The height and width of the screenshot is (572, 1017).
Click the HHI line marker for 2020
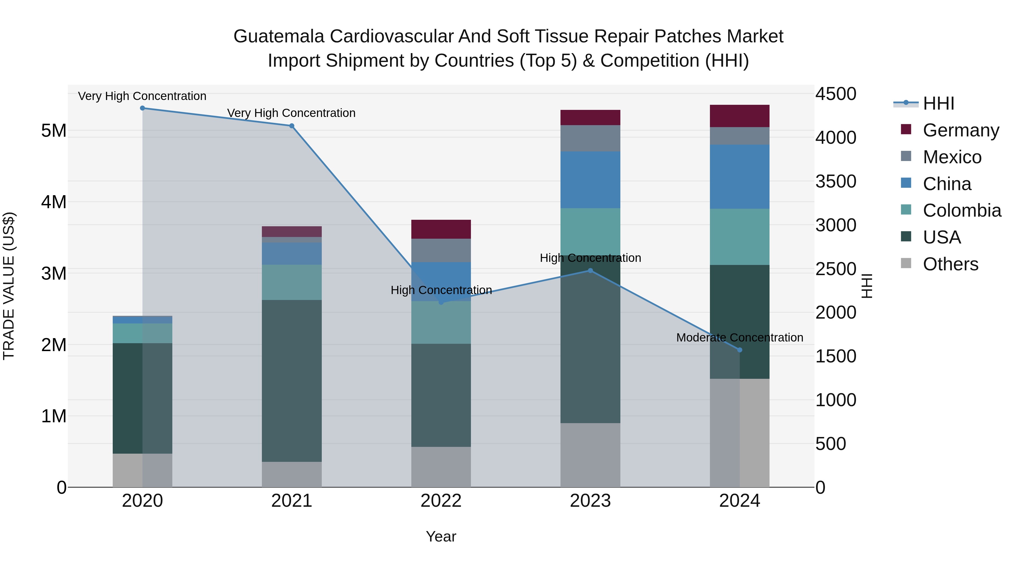143,108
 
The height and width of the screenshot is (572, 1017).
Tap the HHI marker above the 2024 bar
740,350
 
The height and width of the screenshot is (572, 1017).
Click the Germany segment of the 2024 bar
740,116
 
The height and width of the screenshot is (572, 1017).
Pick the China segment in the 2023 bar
590,180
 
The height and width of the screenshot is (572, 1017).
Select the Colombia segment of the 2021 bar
292,282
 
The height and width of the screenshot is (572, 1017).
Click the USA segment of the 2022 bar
441,395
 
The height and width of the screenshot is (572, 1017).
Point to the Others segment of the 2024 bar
740,433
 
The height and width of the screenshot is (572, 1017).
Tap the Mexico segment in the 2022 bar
441,250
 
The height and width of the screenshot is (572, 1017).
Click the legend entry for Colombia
961,210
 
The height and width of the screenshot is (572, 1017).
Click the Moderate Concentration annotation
740,338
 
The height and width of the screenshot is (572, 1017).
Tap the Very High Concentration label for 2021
291,113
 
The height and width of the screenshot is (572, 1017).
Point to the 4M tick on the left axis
54,202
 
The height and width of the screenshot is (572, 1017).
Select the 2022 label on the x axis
441,501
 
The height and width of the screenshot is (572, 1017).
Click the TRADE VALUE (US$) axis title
9,286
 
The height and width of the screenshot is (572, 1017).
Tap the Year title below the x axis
441,536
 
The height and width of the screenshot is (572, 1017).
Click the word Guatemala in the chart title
279,36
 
